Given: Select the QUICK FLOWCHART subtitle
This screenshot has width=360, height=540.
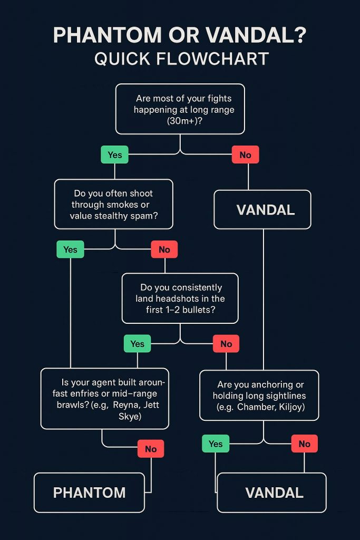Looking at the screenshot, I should tap(181, 58).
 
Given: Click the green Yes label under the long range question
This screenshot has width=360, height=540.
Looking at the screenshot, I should tap(114, 155).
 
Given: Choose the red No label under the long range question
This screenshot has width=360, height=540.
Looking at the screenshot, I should tap(245, 155).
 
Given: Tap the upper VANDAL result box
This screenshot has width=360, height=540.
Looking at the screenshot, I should tap(262, 209).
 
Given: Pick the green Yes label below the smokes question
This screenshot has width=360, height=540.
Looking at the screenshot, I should tap(70, 249).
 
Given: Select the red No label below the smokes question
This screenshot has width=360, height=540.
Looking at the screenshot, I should tap(164, 249).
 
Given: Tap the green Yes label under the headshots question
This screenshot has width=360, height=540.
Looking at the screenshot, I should tap(137, 344).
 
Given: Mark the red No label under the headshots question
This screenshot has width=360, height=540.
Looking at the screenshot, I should tap(226, 344).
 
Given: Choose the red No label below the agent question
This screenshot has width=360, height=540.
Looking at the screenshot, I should tap(151, 449).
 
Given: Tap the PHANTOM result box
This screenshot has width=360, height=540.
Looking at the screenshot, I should tap(89, 493).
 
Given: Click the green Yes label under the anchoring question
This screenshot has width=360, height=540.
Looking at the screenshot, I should tap(216, 443).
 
